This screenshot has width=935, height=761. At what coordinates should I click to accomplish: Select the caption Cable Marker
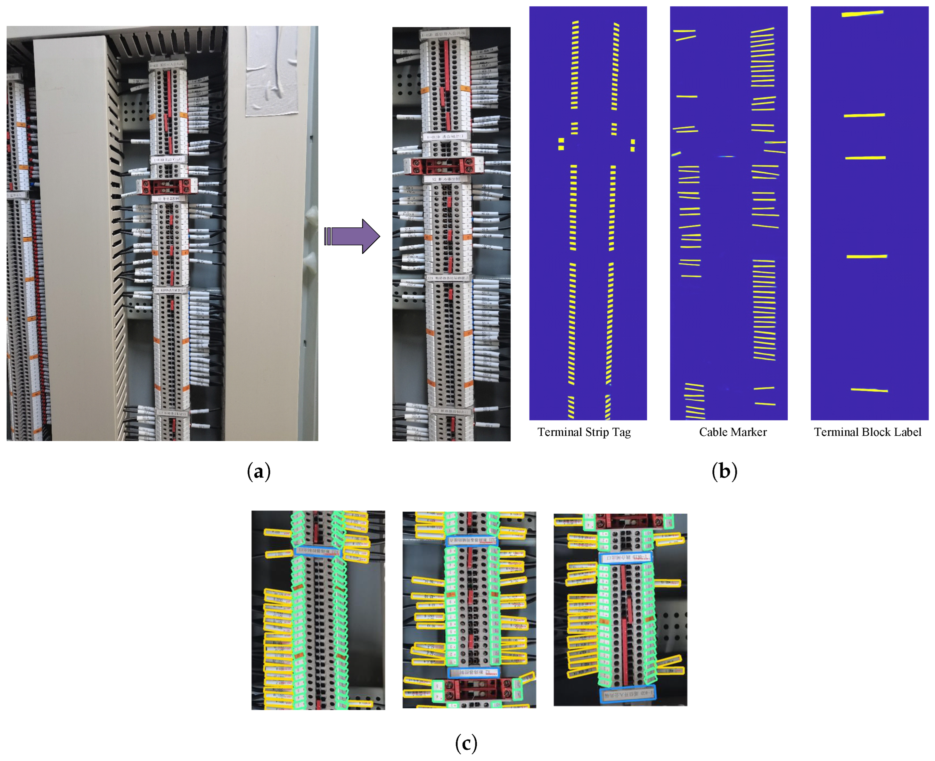(x=733, y=432)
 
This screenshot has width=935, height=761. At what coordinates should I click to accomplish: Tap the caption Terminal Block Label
(x=867, y=432)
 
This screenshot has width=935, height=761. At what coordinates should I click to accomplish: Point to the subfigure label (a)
(x=258, y=471)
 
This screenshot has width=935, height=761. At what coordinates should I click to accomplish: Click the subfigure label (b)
(x=724, y=471)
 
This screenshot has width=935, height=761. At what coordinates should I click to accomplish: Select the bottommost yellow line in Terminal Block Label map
(x=869, y=390)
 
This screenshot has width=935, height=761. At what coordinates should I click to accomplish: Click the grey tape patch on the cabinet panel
(x=272, y=70)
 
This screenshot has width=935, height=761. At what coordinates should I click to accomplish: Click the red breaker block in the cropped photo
(x=444, y=166)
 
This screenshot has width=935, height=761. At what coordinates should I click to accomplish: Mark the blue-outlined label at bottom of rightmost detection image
(x=628, y=694)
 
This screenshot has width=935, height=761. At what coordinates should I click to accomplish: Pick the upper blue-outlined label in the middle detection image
(x=472, y=541)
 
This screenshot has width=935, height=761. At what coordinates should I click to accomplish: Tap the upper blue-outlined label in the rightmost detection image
(x=625, y=558)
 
